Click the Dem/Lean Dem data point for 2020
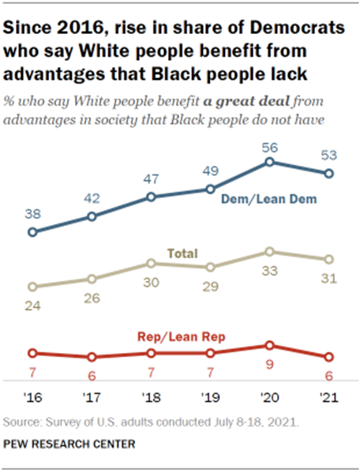click(269, 161)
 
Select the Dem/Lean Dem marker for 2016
click(32, 232)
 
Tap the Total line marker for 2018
click(151, 263)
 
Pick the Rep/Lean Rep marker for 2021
click(328, 357)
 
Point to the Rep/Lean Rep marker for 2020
click(269, 345)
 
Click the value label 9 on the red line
click(270, 366)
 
